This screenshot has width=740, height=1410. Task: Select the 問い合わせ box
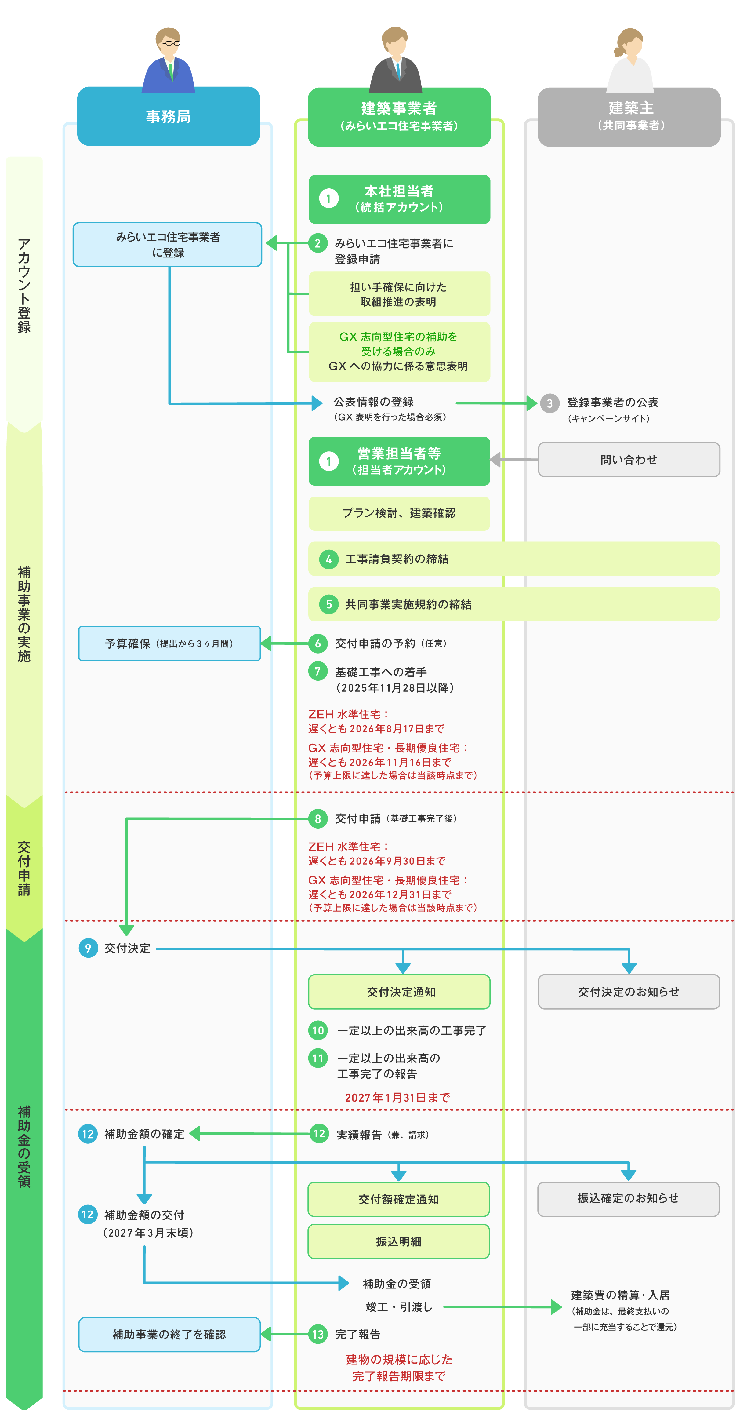pos(629,460)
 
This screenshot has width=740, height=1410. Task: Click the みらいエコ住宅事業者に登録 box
pos(168,245)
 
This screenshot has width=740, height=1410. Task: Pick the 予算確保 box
pos(169,644)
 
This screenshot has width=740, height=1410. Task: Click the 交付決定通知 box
pos(399,992)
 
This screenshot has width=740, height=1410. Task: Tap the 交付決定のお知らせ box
pos(629,992)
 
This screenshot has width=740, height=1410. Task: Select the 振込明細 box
pos(398,1241)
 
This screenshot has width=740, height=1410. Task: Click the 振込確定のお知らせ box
pos(628,1199)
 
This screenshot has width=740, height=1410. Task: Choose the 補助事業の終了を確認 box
pos(169,1335)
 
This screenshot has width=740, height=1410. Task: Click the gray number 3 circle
pos(550,403)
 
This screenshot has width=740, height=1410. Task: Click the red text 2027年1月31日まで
pos(397,1098)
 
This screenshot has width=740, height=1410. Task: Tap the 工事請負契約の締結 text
pos(397,559)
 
